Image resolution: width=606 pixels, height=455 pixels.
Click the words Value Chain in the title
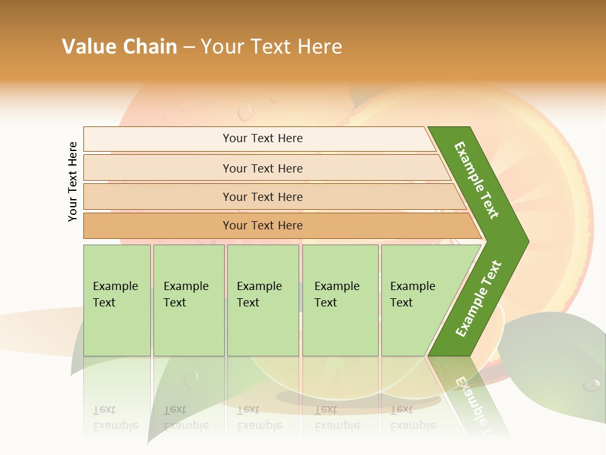[119, 46]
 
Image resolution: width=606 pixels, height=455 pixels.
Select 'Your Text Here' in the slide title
[271, 46]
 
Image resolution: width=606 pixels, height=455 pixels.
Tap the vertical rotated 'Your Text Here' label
[73, 181]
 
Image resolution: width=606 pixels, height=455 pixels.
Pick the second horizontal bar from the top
[263, 168]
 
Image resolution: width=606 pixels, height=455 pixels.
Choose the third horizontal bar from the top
[263, 197]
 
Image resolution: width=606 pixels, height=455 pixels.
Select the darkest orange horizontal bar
[263, 226]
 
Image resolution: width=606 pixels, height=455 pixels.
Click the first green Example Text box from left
[117, 300]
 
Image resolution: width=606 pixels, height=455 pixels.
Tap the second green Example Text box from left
[189, 300]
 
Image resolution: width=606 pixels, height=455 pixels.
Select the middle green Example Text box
[263, 300]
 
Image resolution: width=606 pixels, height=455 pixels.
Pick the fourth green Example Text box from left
[340, 300]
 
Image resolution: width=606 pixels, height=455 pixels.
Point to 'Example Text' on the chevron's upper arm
[477, 180]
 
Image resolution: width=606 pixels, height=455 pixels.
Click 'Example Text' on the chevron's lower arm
[478, 298]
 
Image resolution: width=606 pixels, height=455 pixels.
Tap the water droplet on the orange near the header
[245, 112]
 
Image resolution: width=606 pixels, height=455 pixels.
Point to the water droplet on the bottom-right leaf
[591, 384]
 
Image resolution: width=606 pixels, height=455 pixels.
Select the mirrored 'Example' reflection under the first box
[115, 425]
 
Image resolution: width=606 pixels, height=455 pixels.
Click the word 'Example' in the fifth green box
[412, 286]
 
